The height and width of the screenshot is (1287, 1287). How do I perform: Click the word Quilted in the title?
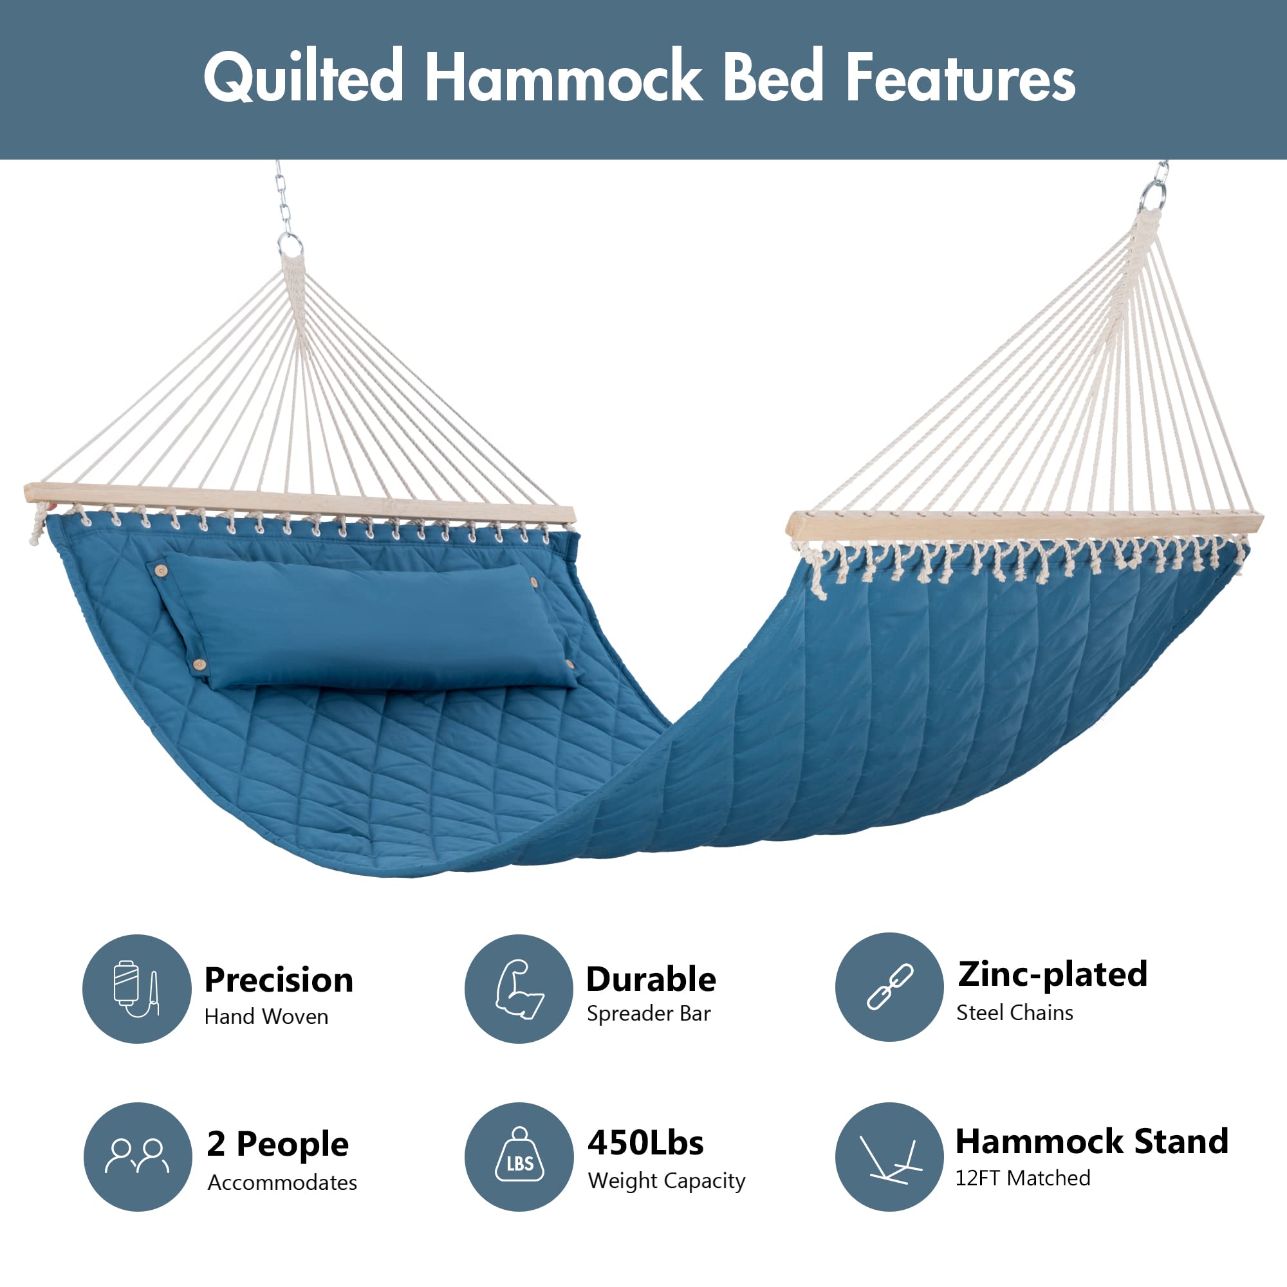[x=304, y=77]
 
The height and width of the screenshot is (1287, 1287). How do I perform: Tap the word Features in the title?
[x=960, y=77]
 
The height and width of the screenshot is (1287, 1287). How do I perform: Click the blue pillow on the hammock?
[x=364, y=622]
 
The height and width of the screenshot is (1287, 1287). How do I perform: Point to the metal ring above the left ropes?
[x=290, y=244]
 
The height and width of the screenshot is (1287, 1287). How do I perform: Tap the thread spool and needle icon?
[x=136, y=988]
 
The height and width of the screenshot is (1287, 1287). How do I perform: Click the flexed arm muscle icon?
[x=519, y=989]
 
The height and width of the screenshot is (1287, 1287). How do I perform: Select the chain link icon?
[x=890, y=986]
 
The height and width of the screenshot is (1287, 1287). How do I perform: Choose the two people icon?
[x=137, y=1156]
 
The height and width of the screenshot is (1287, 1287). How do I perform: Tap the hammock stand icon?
[x=891, y=1159]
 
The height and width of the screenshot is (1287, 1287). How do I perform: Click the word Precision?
[x=279, y=979]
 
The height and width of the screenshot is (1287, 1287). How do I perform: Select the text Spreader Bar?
[x=649, y=1014]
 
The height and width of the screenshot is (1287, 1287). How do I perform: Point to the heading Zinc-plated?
[x=1053, y=974]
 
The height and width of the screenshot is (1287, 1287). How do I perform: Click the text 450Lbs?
[x=645, y=1142]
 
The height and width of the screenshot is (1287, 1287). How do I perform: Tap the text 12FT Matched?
[x=1023, y=1178]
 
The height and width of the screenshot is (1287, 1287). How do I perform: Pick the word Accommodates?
[x=282, y=1182]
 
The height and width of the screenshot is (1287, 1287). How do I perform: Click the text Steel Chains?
[x=1015, y=1012]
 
